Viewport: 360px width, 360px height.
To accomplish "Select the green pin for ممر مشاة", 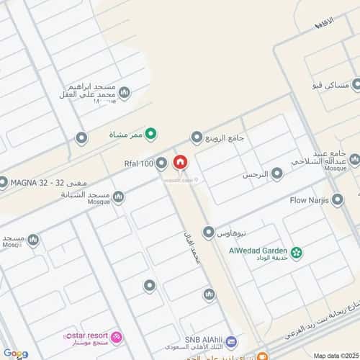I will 150,133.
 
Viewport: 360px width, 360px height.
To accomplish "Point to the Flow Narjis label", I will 309,199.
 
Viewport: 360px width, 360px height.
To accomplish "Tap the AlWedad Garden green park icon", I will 296,252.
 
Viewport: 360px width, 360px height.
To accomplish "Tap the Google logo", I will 16,354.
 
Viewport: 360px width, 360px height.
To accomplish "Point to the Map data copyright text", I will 334,355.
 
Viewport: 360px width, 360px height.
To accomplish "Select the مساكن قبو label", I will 330,86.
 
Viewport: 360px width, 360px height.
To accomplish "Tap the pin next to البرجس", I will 276,174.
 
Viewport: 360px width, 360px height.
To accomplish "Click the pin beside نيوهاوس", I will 208,232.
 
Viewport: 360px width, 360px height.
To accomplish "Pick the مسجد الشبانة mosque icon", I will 118,197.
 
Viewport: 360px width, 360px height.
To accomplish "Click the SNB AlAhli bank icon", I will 230,341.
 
